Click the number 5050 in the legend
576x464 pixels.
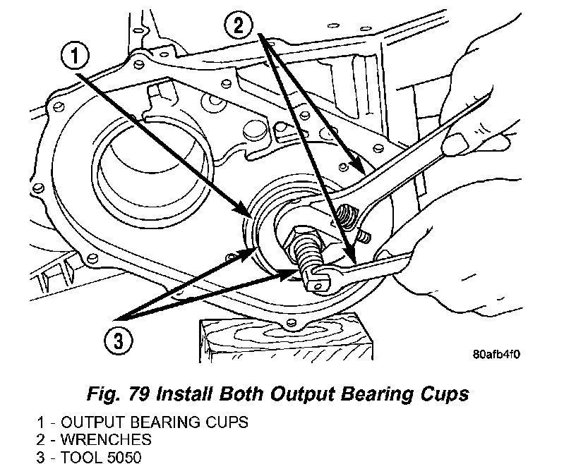pyautogui.click(x=124, y=457)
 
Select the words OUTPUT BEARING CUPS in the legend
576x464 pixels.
pyautogui.click(x=155, y=423)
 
